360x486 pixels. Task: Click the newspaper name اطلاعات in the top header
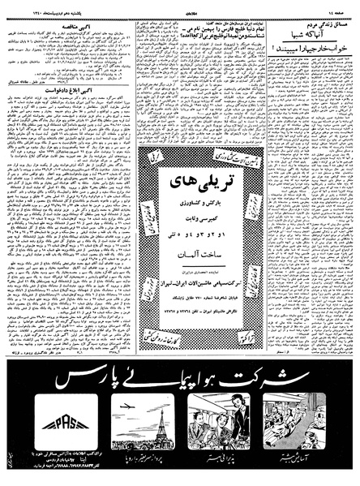click(182, 7)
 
